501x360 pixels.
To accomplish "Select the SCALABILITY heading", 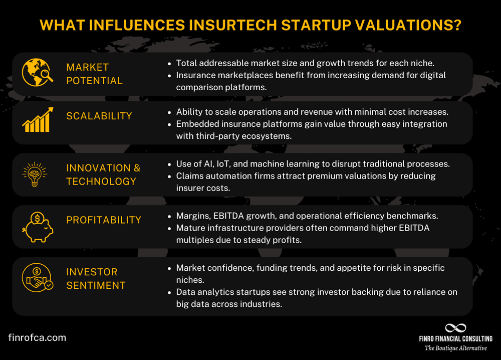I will (99, 116).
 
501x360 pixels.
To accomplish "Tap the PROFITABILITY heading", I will (104, 220).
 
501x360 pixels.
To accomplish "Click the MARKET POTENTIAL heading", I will (94, 74).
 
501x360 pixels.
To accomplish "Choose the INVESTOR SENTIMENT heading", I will (96, 278).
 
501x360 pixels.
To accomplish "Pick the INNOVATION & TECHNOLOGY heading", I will (103, 174).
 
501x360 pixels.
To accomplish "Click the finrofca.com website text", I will (37, 337).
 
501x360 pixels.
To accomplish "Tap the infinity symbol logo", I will (455, 327).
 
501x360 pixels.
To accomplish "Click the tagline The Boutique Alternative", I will (455, 348).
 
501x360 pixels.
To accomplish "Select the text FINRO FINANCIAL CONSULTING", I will (455, 339).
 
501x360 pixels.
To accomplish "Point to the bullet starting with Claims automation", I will (306, 182).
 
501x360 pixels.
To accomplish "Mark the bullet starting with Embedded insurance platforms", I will (311, 129).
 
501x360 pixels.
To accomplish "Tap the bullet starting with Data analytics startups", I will (316, 298).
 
